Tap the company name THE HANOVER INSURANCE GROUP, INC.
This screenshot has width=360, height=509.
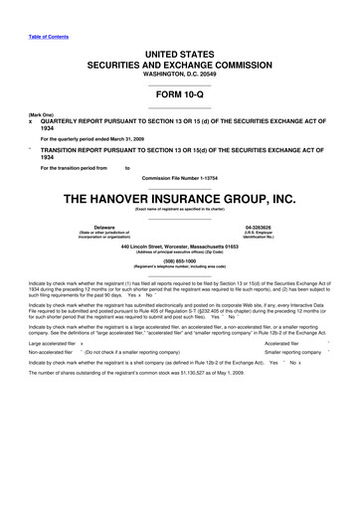pyautogui.click(x=179, y=198)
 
